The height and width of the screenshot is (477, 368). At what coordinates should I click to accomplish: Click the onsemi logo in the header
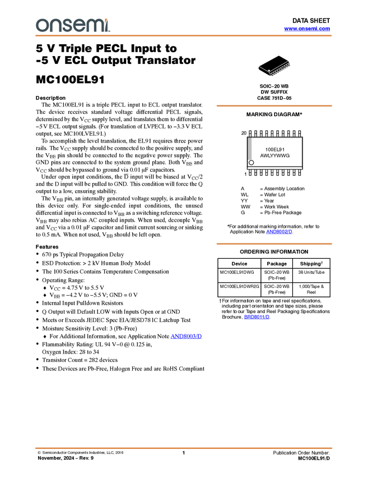click(73, 25)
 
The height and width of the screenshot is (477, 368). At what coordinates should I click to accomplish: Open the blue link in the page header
click(307, 29)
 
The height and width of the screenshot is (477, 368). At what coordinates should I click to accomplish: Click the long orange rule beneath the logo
click(184, 36)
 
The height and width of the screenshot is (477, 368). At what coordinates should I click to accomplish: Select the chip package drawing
click(279, 69)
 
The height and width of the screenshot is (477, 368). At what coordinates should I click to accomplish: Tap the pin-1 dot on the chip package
click(270, 71)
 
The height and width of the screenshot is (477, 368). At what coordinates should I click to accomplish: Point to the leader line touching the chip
click(263, 68)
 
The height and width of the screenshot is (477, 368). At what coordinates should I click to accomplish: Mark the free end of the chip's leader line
click(258, 66)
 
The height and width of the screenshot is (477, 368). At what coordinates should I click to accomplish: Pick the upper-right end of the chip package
click(290, 62)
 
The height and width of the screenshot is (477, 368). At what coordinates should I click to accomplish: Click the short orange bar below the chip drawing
click(274, 106)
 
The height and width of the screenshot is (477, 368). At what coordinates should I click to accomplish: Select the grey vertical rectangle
click(250, 149)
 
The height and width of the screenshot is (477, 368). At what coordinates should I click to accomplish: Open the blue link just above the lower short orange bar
click(279, 232)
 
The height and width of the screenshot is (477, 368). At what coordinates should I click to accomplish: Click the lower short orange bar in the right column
click(274, 244)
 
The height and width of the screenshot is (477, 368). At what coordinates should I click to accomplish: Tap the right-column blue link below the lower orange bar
click(257, 317)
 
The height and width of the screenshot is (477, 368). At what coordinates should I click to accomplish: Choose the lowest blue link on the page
click(187, 336)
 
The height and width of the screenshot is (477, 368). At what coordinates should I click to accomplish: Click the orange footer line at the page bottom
click(184, 448)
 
